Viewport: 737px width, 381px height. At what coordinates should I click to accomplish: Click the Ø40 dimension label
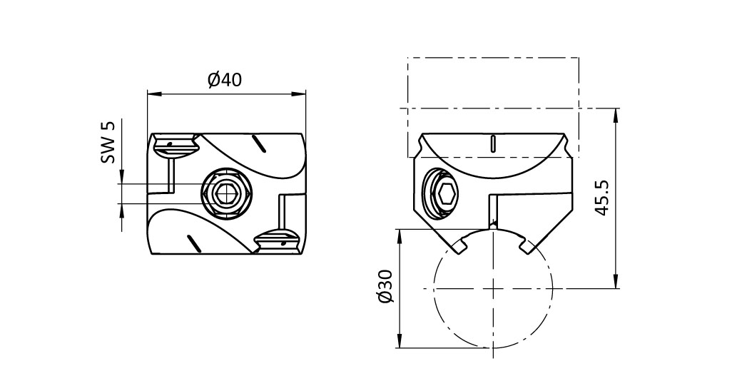pos(225,80)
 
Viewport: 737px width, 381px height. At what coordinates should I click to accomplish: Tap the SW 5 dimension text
pos(108,143)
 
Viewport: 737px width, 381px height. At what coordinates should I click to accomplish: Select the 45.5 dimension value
pos(602,198)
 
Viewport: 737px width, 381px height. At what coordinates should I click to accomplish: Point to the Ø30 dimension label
pos(385,287)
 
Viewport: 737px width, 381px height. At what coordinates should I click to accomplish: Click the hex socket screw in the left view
pos(226,193)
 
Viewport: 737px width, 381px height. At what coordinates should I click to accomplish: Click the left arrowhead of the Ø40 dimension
pos(153,93)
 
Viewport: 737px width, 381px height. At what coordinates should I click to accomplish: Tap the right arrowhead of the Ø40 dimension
pos(299,93)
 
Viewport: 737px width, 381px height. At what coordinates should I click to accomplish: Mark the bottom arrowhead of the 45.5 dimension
pos(616,282)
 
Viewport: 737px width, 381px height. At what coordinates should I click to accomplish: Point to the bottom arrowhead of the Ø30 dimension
pos(400,342)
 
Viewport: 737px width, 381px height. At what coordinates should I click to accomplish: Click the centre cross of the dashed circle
pos(493,288)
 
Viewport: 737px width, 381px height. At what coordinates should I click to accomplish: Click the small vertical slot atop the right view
pos(492,143)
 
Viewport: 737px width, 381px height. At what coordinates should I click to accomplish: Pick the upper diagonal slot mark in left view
pos(258,143)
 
